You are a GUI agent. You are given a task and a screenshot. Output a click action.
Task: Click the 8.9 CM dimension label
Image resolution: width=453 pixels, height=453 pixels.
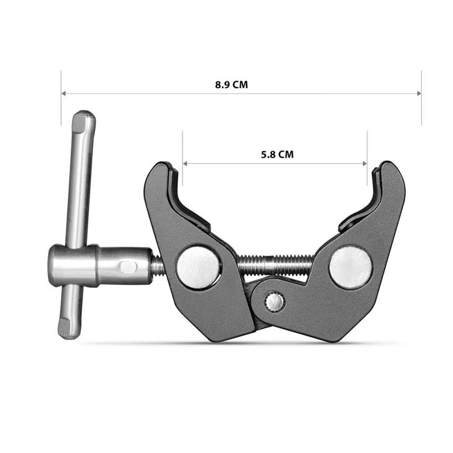coord(231,85)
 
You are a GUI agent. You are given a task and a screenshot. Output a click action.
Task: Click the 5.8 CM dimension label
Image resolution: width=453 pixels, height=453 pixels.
coord(277,154)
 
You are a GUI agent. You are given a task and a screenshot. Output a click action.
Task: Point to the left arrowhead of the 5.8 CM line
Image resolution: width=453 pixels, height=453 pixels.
coord(185,164)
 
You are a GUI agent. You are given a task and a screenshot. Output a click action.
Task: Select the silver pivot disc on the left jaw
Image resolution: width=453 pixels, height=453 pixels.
coord(198,266)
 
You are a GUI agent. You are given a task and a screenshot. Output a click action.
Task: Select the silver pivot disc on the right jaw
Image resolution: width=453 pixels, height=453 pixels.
coord(351,266)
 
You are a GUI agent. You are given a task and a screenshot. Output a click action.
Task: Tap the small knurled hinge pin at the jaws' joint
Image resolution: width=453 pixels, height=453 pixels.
coord(275,301)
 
